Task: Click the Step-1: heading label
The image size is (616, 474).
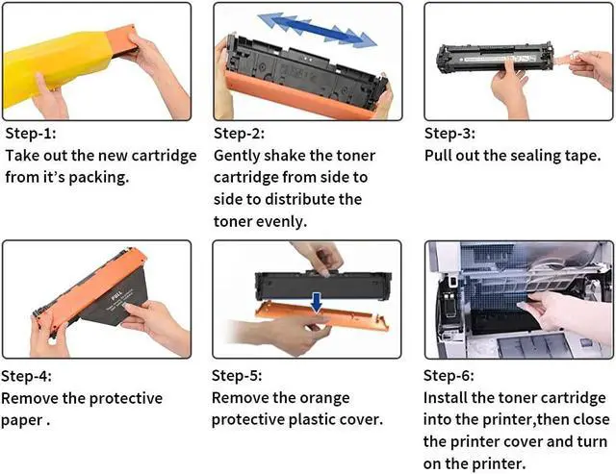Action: point(31,134)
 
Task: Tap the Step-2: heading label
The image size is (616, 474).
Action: point(240,134)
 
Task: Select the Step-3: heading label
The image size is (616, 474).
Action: point(449,134)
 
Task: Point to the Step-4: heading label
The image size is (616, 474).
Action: point(26,376)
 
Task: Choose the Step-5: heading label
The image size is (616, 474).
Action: point(237,376)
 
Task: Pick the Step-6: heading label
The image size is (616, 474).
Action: point(449,376)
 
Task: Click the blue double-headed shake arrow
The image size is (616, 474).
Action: point(318,30)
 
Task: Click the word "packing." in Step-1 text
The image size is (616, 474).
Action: point(99,177)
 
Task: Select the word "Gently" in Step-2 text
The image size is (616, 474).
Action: point(237,156)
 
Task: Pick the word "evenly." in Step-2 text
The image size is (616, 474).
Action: point(281,222)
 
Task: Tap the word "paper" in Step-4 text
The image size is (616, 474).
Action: point(21,420)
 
